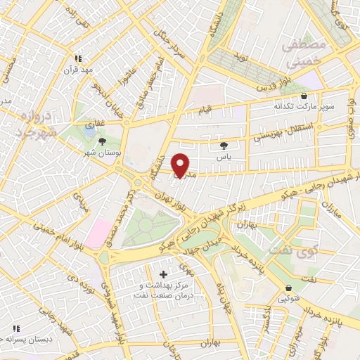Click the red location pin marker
[x=181, y=165]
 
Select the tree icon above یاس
[x=224, y=146]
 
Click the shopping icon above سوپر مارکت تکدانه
[x=304, y=97]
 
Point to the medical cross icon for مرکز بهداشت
[x=164, y=274]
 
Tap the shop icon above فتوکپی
[x=288, y=288]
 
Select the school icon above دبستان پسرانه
[x=13, y=328]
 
